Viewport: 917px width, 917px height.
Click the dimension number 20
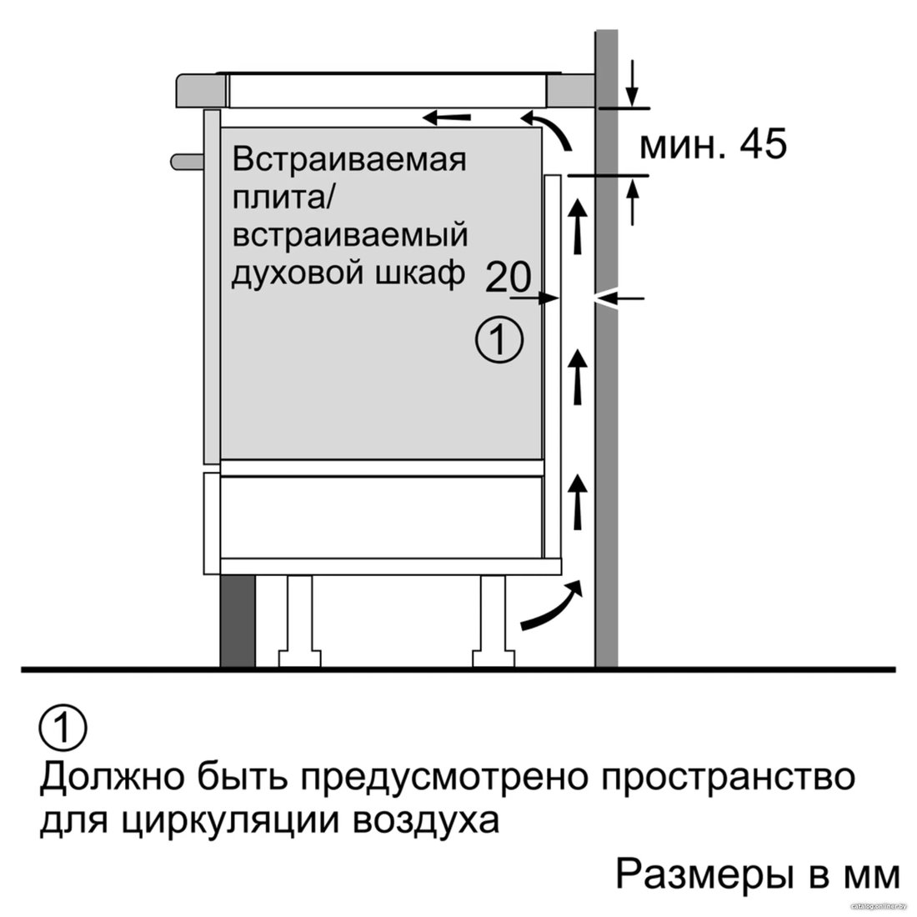click(x=508, y=277)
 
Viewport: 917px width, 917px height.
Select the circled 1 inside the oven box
click(x=499, y=340)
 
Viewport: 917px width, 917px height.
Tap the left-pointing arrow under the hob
click(x=447, y=118)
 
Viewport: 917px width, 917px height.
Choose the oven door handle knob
click(x=187, y=162)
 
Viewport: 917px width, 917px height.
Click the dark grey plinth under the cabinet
click(x=238, y=620)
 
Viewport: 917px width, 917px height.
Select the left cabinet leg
click(x=298, y=620)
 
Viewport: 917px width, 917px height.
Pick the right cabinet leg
click(x=493, y=620)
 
